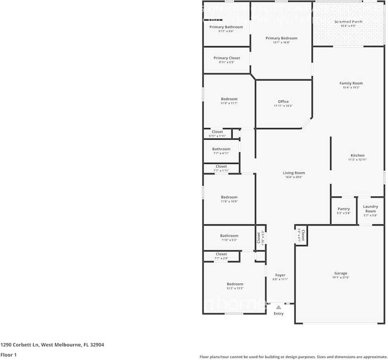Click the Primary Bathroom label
click(226, 27)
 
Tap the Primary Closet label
click(227, 58)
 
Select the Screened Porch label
click(348, 21)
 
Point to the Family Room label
click(351, 83)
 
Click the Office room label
click(283, 102)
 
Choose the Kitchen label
click(357, 155)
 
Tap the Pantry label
click(343, 209)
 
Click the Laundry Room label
click(370, 209)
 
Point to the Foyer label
click(280, 275)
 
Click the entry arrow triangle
click(278, 307)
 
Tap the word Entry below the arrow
click(278, 313)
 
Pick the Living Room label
click(294, 173)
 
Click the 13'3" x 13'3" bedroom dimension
click(235, 288)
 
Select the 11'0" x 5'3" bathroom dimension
click(229, 240)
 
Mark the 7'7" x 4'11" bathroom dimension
click(221, 153)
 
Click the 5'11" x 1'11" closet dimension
click(217, 136)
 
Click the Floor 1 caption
click(9, 355)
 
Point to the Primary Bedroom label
click(281, 38)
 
